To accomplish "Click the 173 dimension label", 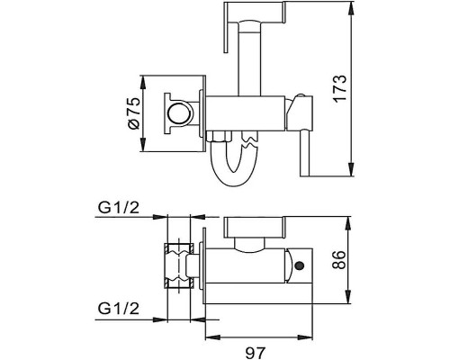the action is pos(340,88).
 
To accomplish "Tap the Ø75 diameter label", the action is pos(133,113).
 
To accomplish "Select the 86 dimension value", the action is pos(339,260).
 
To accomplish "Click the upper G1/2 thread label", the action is pos(119,207).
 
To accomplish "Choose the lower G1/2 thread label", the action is pos(119,309).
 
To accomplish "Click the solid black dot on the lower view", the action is pos(300,265).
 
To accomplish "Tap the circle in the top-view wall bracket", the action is pos(178,113).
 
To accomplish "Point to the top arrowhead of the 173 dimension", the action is pos(351,7).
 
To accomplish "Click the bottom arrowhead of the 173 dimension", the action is pos(351,170).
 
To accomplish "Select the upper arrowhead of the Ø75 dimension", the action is pos(143,81).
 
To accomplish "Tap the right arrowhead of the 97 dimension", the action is pos(306,337).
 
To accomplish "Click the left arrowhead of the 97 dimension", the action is pos(211,337).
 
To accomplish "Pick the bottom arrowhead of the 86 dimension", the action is pos(348,298).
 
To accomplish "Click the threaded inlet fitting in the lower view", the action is pos(179,266).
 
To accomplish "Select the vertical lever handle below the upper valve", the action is pos(305,152).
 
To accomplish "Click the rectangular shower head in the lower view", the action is pos(256,227).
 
